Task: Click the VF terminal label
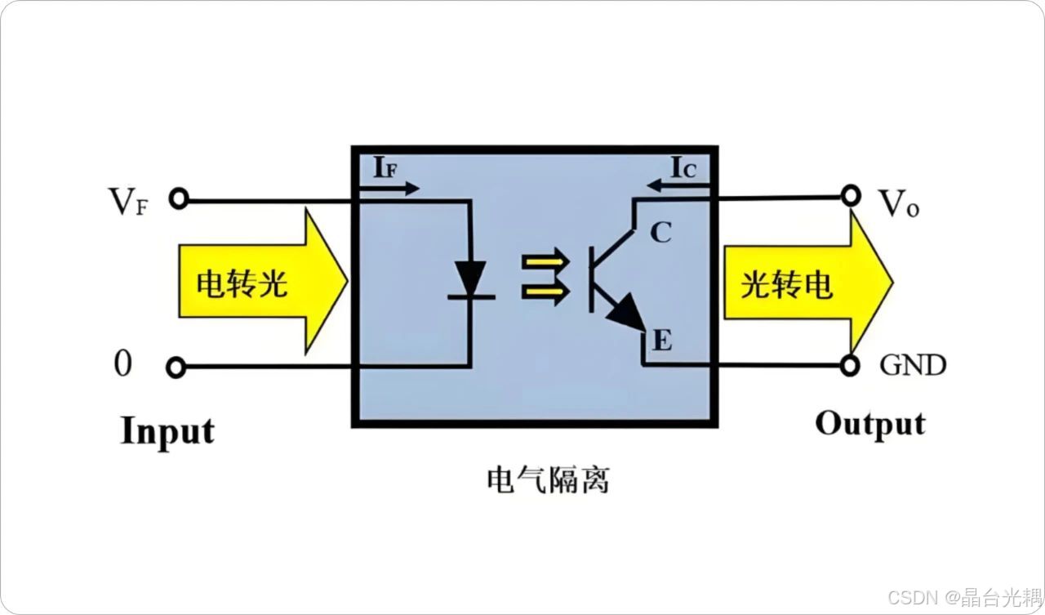coord(129,202)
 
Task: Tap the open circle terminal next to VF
coord(177,198)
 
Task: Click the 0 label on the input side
coord(122,363)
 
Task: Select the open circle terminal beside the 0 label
coord(176,368)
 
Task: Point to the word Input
coord(167,431)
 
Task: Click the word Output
coord(870,424)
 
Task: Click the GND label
coord(913,365)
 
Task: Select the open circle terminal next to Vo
coord(852,195)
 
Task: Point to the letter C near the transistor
coord(660,233)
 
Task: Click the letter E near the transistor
coord(662,340)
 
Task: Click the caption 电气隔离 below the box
coord(547,479)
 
